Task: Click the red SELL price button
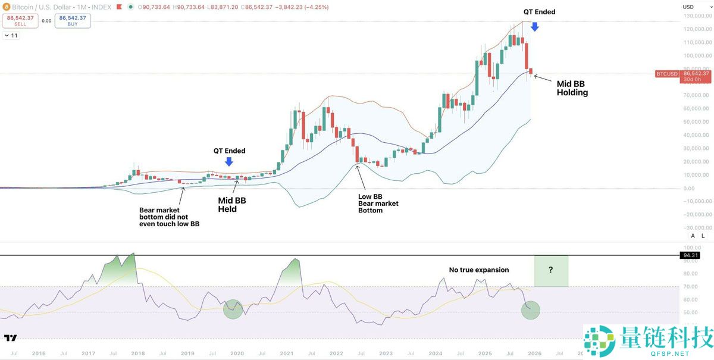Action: pos(20,20)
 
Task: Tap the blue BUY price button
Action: pos(73,20)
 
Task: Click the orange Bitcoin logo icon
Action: pos(5,7)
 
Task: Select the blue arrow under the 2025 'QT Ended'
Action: pos(534,26)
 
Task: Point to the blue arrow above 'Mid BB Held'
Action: pos(230,161)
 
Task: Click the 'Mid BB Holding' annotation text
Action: pos(572,88)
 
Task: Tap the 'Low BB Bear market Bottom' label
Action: pos(378,204)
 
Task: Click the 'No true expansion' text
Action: pos(479,270)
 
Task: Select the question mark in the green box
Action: pos(551,270)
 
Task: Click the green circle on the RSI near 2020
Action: pos(233,308)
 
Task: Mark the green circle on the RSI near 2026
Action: pos(530,310)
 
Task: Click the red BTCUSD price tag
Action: pos(666,74)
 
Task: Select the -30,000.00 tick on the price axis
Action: pos(697,228)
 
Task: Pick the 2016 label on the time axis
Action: pos(39,353)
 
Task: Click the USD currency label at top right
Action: pos(688,7)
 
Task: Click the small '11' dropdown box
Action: pos(11,36)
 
